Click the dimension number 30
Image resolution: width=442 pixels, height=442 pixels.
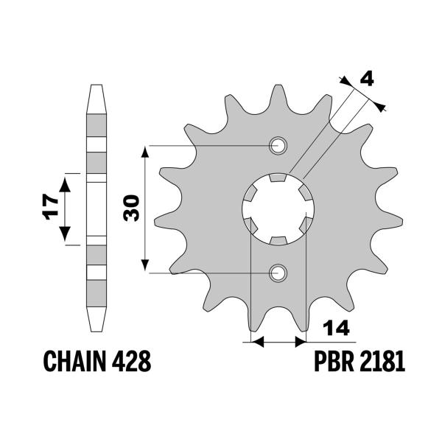[x=132, y=208]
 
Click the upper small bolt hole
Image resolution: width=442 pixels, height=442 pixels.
[x=278, y=145]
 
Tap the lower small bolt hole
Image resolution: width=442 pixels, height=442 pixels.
[x=278, y=273]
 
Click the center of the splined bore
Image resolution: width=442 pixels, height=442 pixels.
[x=278, y=208]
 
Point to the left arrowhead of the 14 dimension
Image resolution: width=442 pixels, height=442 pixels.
[x=256, y=341]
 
